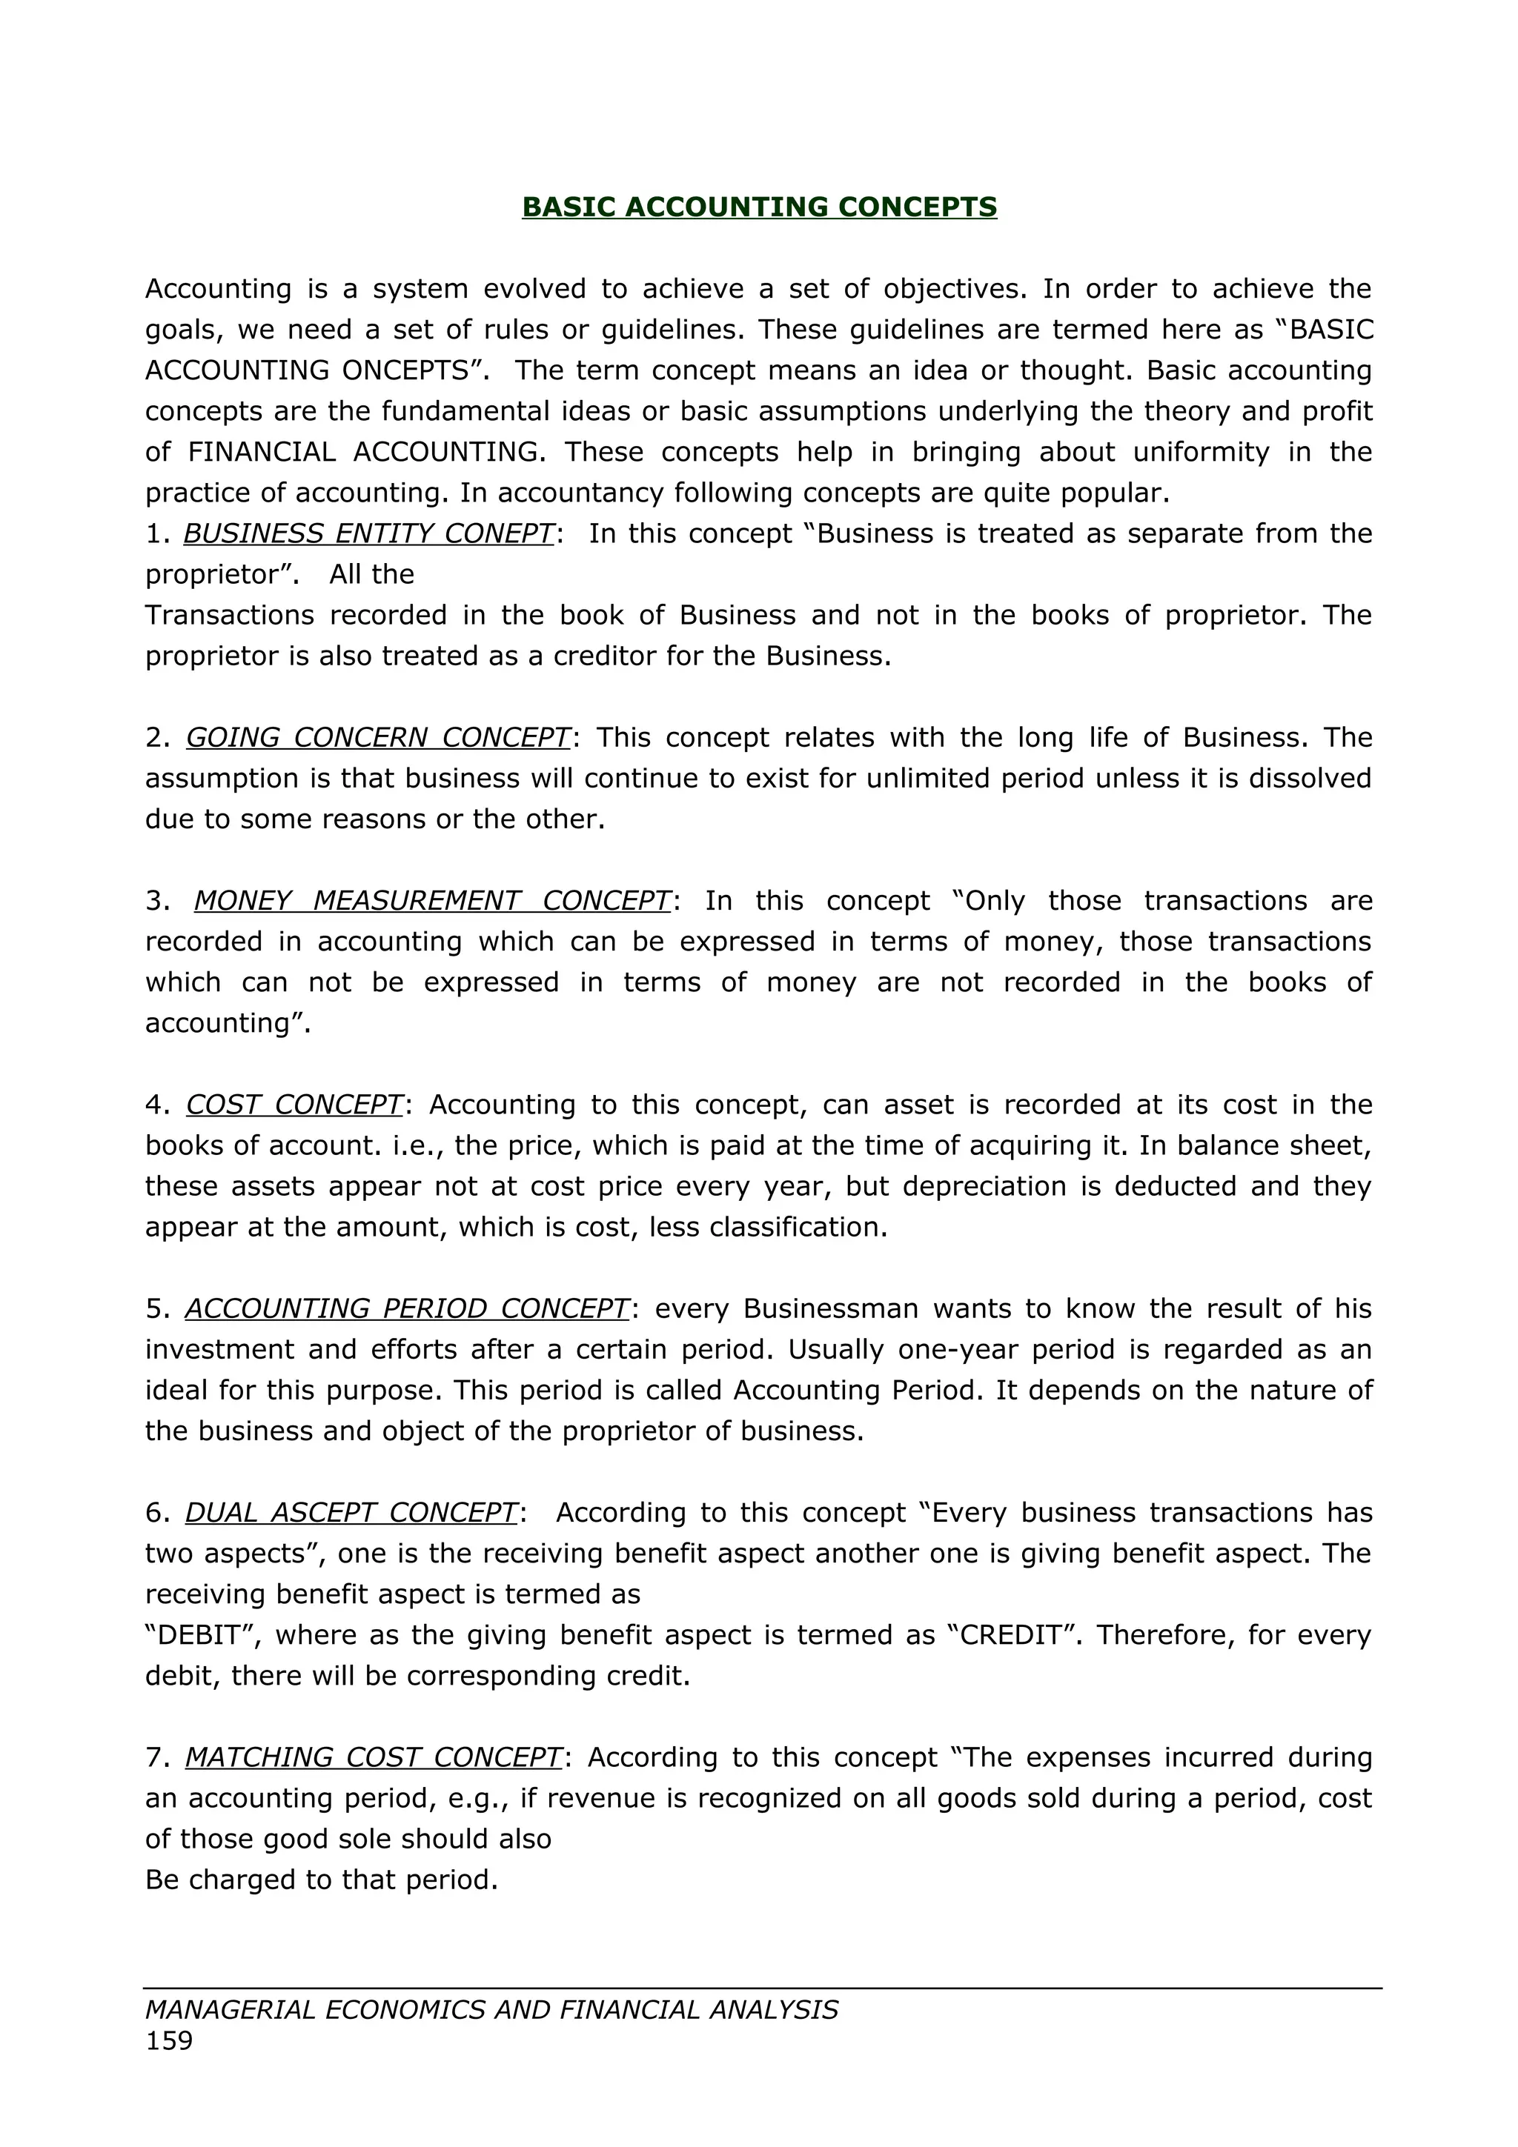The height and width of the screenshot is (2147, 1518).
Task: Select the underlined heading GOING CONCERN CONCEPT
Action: coord(378,737)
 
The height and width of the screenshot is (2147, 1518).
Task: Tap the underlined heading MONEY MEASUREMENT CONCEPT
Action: coord(432,899)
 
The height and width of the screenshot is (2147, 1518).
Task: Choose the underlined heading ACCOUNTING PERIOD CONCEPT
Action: coord(407,1308)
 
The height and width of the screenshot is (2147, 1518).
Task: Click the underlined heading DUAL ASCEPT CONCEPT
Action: coord(351,1512)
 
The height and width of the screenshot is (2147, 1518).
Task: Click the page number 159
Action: coord(169,2040)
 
